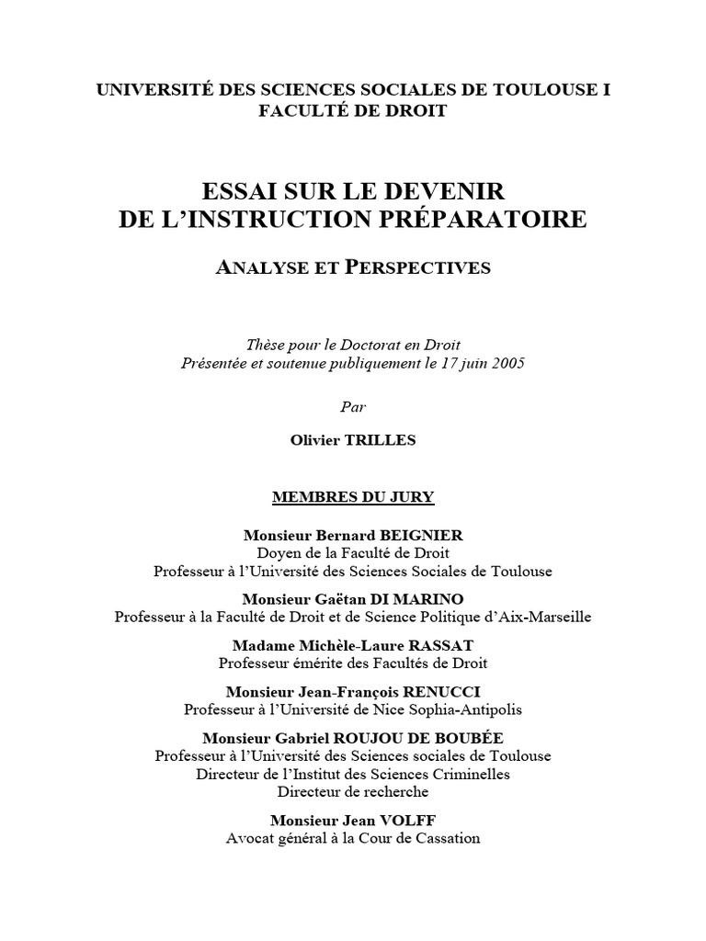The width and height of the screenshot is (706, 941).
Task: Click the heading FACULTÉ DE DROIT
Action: point(353,111)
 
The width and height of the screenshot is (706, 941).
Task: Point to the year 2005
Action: point(507,362)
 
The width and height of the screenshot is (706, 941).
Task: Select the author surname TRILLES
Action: point(380,440)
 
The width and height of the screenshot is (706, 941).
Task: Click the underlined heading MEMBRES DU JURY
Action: point(353,497)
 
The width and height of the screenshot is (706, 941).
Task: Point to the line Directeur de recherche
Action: point(353,791)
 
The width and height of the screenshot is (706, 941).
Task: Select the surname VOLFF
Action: point(413,820)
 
